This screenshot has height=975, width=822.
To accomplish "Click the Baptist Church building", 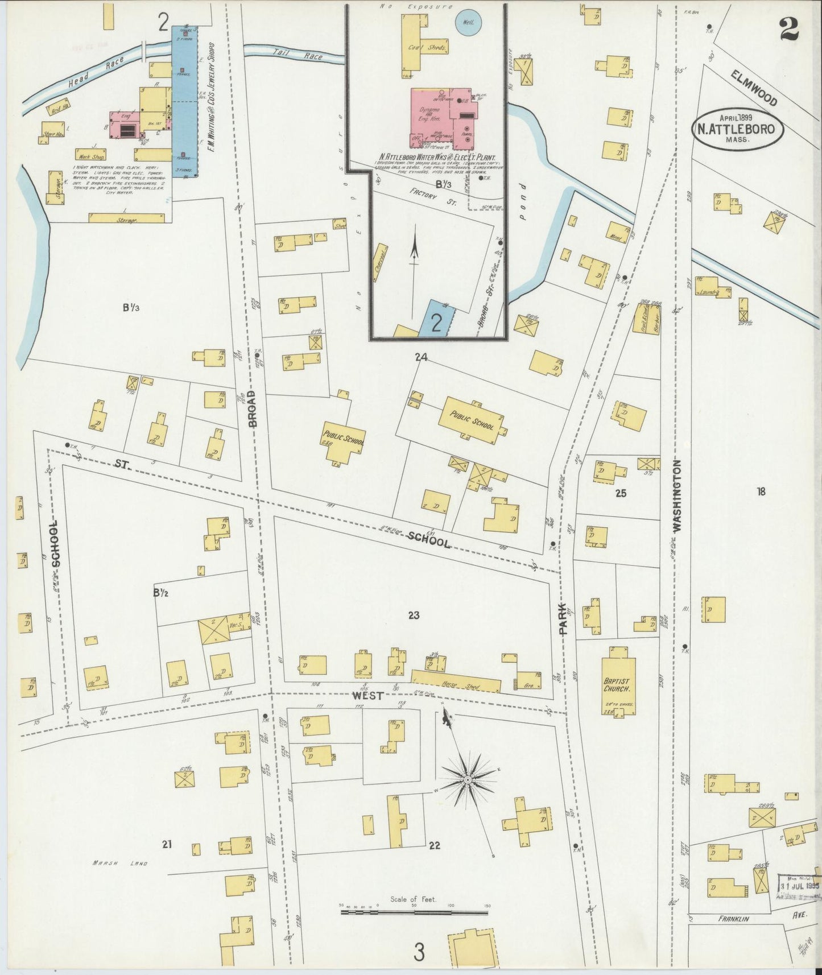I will [x=618, y=681].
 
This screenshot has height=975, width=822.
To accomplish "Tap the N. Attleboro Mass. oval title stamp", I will [x=738, y=129].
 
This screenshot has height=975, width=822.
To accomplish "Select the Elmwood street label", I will [x=754, y=88].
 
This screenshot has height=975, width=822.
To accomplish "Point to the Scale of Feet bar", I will [x=414, y=912].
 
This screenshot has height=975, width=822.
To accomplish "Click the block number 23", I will [x=414, y=615].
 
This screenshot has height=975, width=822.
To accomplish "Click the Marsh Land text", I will [x=120, y=863].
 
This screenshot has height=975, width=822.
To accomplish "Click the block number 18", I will [x=761, y=491].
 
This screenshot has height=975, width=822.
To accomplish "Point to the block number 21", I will [x=166, y=844].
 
